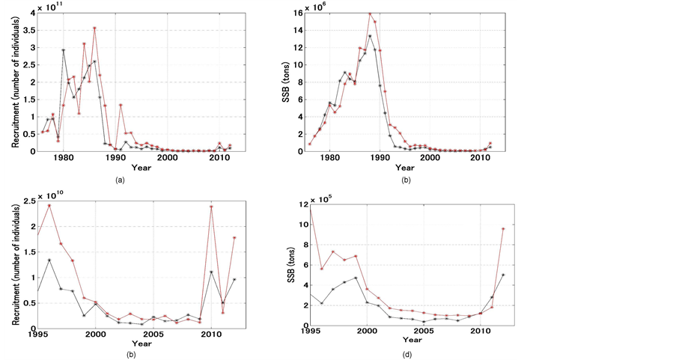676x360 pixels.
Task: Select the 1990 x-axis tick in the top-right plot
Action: coord(380,158)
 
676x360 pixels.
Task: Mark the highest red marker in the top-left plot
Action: coord(94,28)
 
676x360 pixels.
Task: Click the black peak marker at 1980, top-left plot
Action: coord(64,50)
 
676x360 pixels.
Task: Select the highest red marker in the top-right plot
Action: coord(370,13)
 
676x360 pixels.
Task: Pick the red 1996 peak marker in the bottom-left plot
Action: coord(49,206)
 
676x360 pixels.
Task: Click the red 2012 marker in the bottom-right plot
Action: coord(502,229)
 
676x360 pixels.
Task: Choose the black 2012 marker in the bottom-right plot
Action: coord(502,275)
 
